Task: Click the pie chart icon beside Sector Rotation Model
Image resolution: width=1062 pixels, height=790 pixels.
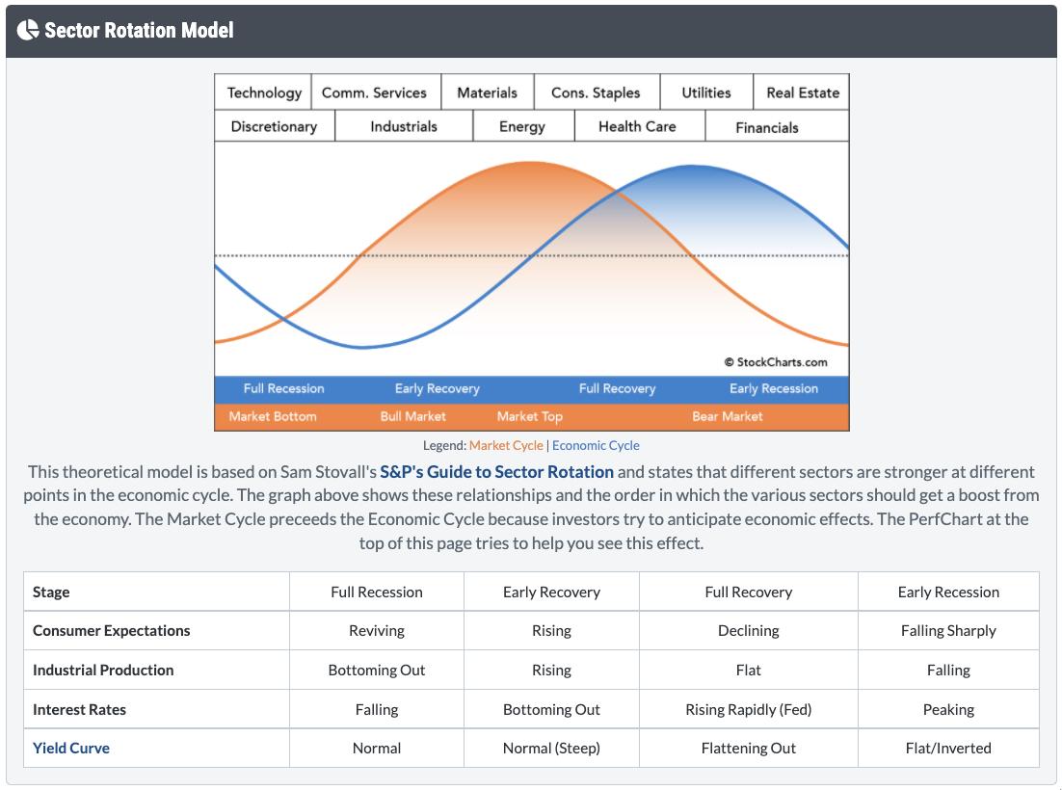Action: coord(27,30)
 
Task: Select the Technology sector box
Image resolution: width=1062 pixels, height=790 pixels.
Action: coord(264,92)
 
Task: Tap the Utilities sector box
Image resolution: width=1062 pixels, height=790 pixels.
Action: coord(705,92)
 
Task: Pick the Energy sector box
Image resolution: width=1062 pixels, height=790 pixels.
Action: coord(522,126)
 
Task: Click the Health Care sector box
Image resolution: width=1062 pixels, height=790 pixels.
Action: coord(637,126)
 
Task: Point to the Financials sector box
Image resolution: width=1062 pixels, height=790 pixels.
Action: coord(767,127)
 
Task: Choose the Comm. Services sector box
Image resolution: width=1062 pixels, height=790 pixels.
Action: coord(374,92)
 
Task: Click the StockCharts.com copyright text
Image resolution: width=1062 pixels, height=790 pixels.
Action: coord(776,362)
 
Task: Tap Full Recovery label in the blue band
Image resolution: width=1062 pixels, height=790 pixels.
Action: coord(617,388)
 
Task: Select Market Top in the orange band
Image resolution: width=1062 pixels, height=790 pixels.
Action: coord(529,416)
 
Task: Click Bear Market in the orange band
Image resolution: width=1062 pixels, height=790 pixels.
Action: coord(727,416)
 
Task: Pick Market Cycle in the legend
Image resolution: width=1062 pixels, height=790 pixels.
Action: coord(506,445)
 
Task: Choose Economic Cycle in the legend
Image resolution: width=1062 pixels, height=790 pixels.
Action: coord(596,445)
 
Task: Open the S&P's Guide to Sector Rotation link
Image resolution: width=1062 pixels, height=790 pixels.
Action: coord(496,471)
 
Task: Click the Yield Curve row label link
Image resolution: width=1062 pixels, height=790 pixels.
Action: coord(71,748)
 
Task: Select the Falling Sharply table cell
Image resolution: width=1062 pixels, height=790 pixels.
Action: coord(948,630)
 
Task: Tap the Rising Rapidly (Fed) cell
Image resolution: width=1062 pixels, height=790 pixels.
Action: coord(748,709)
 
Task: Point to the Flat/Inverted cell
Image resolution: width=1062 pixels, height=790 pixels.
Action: coord(948,748)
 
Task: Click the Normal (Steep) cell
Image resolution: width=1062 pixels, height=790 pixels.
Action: coord(551,748)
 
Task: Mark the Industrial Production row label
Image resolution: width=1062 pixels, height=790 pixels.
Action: coord(103,670)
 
